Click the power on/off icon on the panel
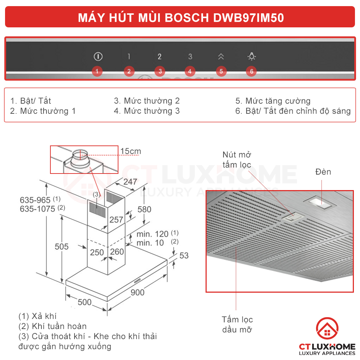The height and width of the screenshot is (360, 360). click(x=98, y=57)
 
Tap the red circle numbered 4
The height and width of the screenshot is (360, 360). click(x=190, y=71)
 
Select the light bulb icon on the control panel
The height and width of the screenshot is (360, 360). click(x=251, y=57)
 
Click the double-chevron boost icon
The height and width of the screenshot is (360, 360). click(x=221, y=57)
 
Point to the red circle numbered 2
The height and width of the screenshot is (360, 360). click(x=129, y=71)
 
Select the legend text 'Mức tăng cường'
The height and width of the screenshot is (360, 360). click(x=278, y=101)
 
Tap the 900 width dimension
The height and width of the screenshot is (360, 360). click(x=137, y=292)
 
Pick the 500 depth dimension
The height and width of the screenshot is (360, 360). click(x=85, y=302)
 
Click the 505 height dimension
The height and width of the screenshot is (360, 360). click(x=62, y=247)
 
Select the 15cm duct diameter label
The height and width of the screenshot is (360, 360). click(x=130, y=151)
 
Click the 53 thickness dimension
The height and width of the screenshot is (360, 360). click(x=184, y=256)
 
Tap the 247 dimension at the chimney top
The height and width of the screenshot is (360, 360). click(x=130, y=182)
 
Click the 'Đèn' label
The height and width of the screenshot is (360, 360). click(x=323, y=172)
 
